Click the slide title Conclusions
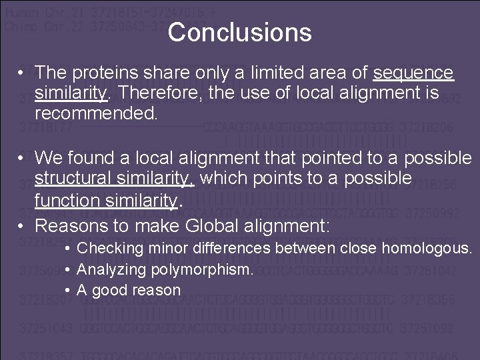[x=239, y=32]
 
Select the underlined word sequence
[x=413, y=72]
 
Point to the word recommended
[x=97, y=113]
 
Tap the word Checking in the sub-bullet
[x=110, y=249]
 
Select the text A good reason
[x=129, y=290]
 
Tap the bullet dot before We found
[x=23, y=158]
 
